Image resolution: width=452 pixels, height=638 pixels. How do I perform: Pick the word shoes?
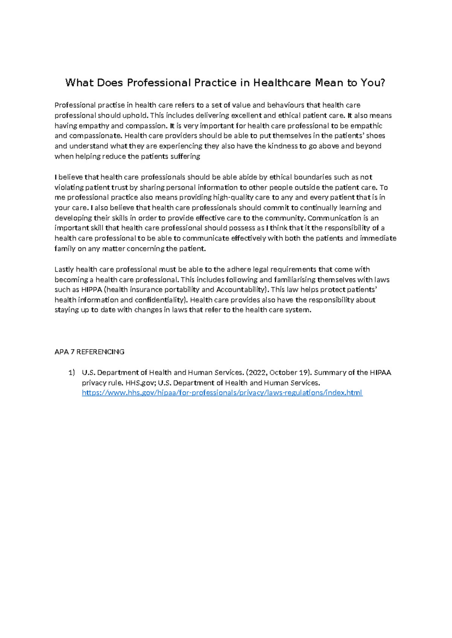[x=376, y=136]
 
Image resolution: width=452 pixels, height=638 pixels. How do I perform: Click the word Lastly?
[x=64, y=269]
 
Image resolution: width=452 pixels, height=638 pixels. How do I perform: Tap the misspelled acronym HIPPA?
[x=92, y=290]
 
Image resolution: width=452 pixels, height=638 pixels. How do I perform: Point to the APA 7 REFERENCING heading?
[x=89, y=352]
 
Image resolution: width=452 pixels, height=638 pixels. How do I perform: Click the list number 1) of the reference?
[x=72, y=373]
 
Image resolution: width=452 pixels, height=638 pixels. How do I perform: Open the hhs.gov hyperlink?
[x=222, y=393]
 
